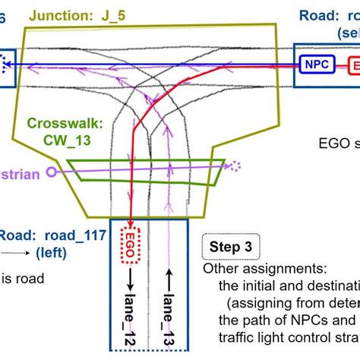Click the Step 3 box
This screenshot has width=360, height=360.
coord(232,248)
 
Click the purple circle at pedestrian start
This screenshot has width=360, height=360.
coord(51,172)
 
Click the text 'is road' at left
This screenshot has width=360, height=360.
coord(22,278)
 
